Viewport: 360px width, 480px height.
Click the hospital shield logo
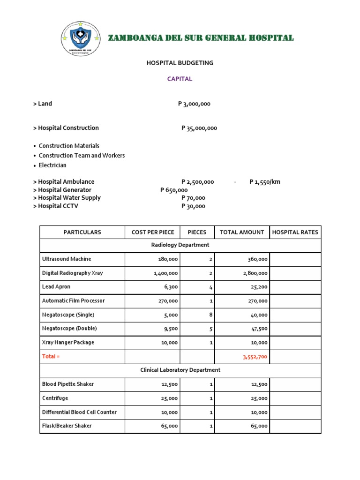click(x=80, y=38)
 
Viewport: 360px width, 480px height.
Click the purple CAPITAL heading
click(x=180, y=79)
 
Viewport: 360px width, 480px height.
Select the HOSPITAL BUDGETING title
click(x=180, y=63)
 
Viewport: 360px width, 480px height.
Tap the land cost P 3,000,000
click(x=194, y=104)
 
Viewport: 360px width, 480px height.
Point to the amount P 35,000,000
click(x=199, y=128)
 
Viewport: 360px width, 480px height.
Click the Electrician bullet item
click(x=52, y=165)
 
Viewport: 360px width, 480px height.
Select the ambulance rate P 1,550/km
click(x=265, y=182)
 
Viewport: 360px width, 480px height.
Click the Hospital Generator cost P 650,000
click(x=174, y=190)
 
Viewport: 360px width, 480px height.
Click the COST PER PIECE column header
click(x=153, y=232)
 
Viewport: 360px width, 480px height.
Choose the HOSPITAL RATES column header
click(x=295, y=232)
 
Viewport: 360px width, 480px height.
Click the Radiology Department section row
click(x=180, y=245)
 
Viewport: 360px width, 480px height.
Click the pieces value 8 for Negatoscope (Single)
click(x=211, y=315)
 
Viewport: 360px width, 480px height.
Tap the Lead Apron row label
click(x=56, y=287)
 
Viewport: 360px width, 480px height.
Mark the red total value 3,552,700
click(x=255, y=357)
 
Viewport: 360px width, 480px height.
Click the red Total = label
click(x=51, y=357)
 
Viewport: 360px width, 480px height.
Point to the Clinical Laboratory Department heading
click(x=180, y=370)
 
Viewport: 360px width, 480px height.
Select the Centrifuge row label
click(x=55, y=398)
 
